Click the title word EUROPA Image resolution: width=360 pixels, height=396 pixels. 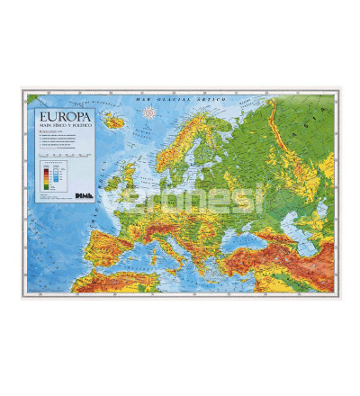tap(66, 117)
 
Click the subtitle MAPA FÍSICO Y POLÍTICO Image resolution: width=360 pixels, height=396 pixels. tap(66, 128)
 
